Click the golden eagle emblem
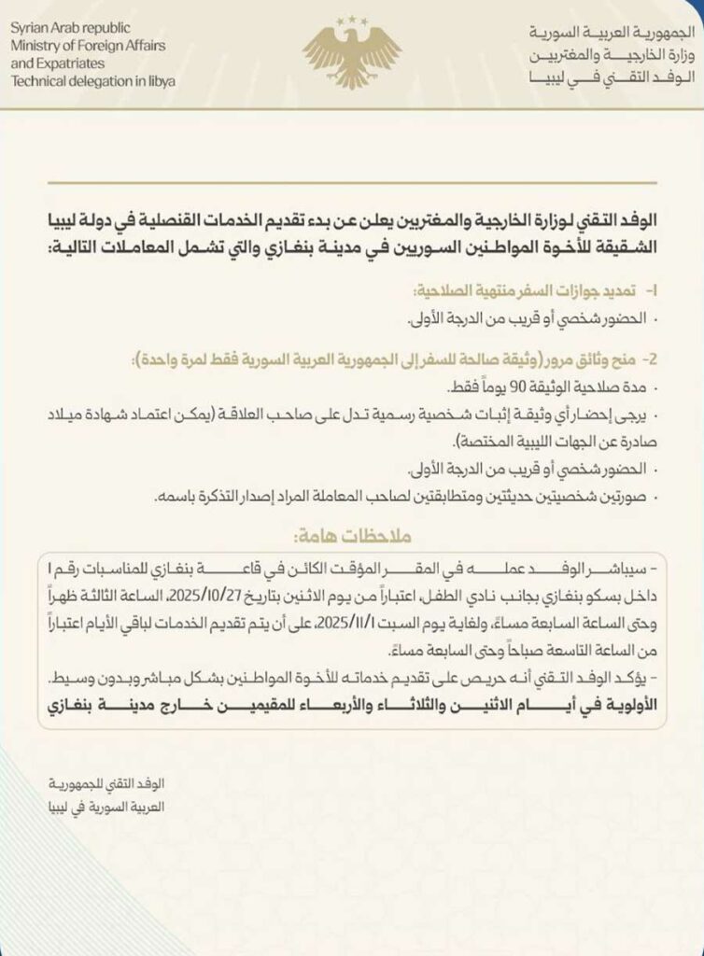[352, 56]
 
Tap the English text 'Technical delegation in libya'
[92, 81]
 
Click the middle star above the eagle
[352, 16]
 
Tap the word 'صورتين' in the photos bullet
[626, 499]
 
